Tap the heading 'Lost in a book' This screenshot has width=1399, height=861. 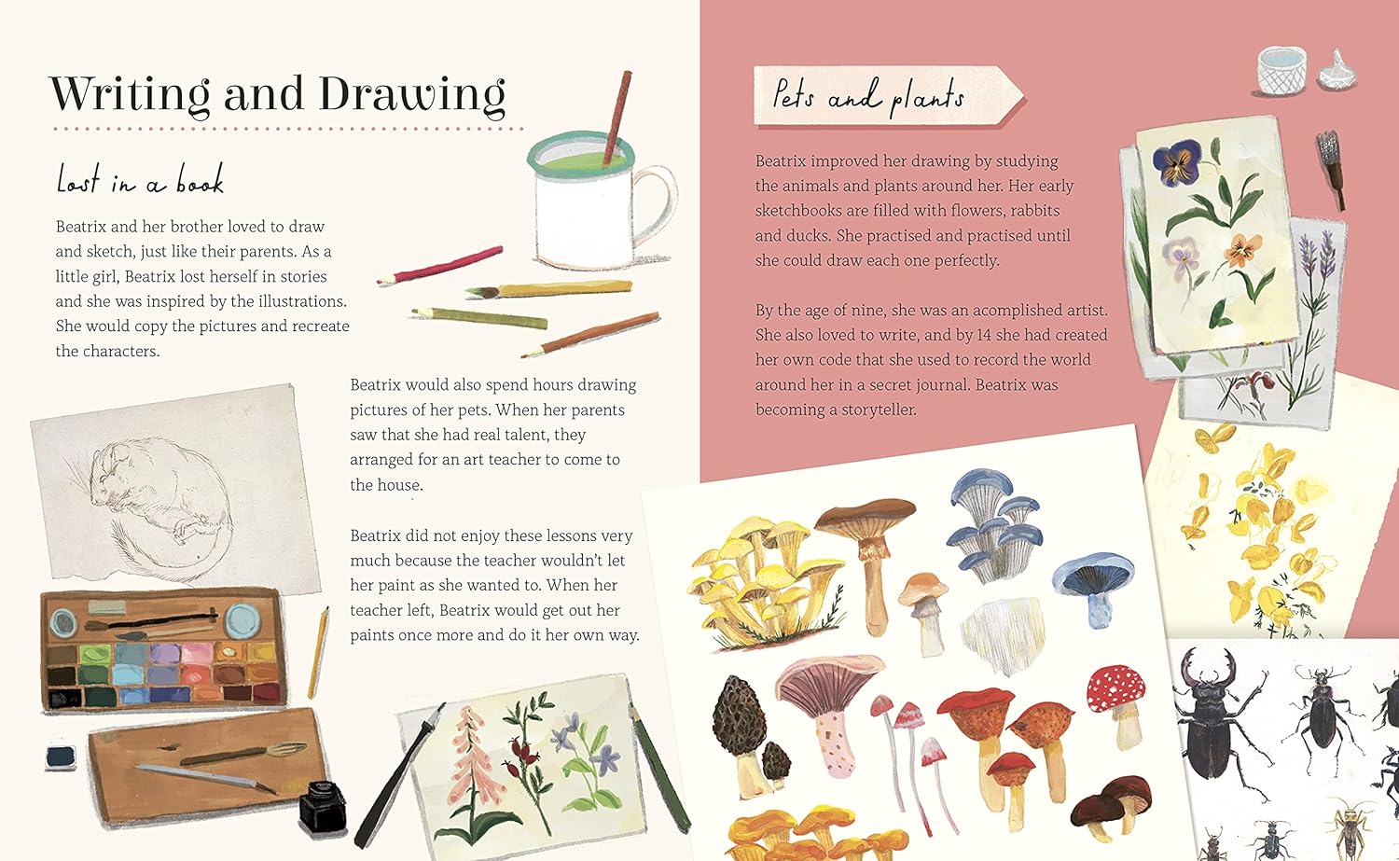(140, 180)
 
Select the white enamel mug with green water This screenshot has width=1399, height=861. (602, 200)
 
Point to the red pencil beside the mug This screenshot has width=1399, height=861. (439, 266)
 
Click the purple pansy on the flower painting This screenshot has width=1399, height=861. (1178, 160)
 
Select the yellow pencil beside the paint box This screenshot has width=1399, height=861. (319, 652)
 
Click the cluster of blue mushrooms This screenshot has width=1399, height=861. (994, 525)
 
